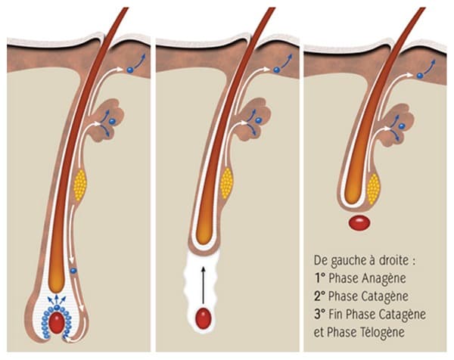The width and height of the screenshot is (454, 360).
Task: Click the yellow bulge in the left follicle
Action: (80, 183)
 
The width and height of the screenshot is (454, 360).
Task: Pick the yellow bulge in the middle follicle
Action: (225, 181)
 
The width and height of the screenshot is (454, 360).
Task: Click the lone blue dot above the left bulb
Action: (73, 270)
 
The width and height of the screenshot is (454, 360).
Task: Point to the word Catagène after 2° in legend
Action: (375, 296)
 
